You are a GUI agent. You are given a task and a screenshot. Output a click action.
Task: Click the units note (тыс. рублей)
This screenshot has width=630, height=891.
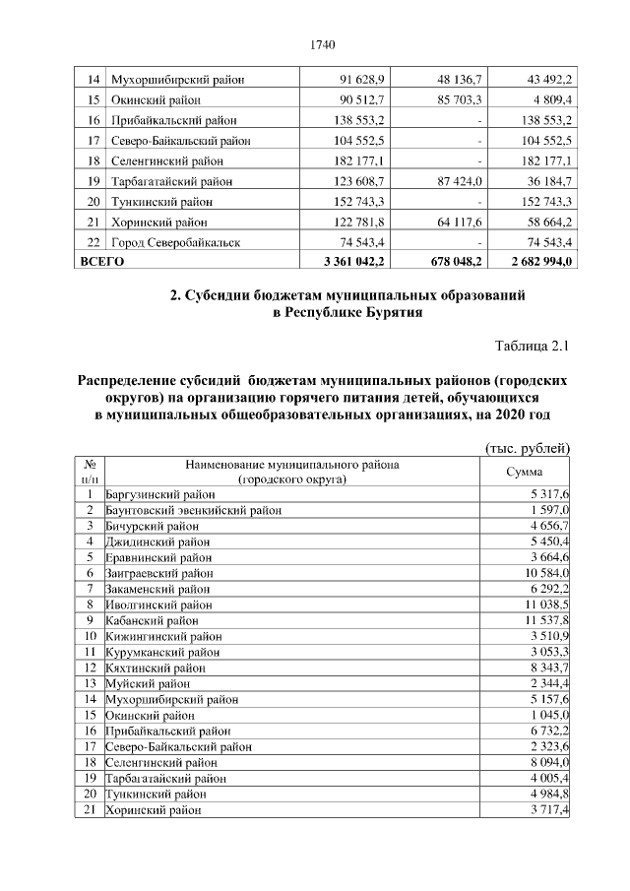530,448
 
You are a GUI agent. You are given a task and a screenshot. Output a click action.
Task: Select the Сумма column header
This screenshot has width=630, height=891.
525,472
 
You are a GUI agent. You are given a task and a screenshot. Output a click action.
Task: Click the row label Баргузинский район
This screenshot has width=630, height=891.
159,494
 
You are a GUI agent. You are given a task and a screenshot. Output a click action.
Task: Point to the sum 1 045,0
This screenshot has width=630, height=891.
550,715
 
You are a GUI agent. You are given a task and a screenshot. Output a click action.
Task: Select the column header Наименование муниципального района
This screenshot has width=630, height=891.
290,464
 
